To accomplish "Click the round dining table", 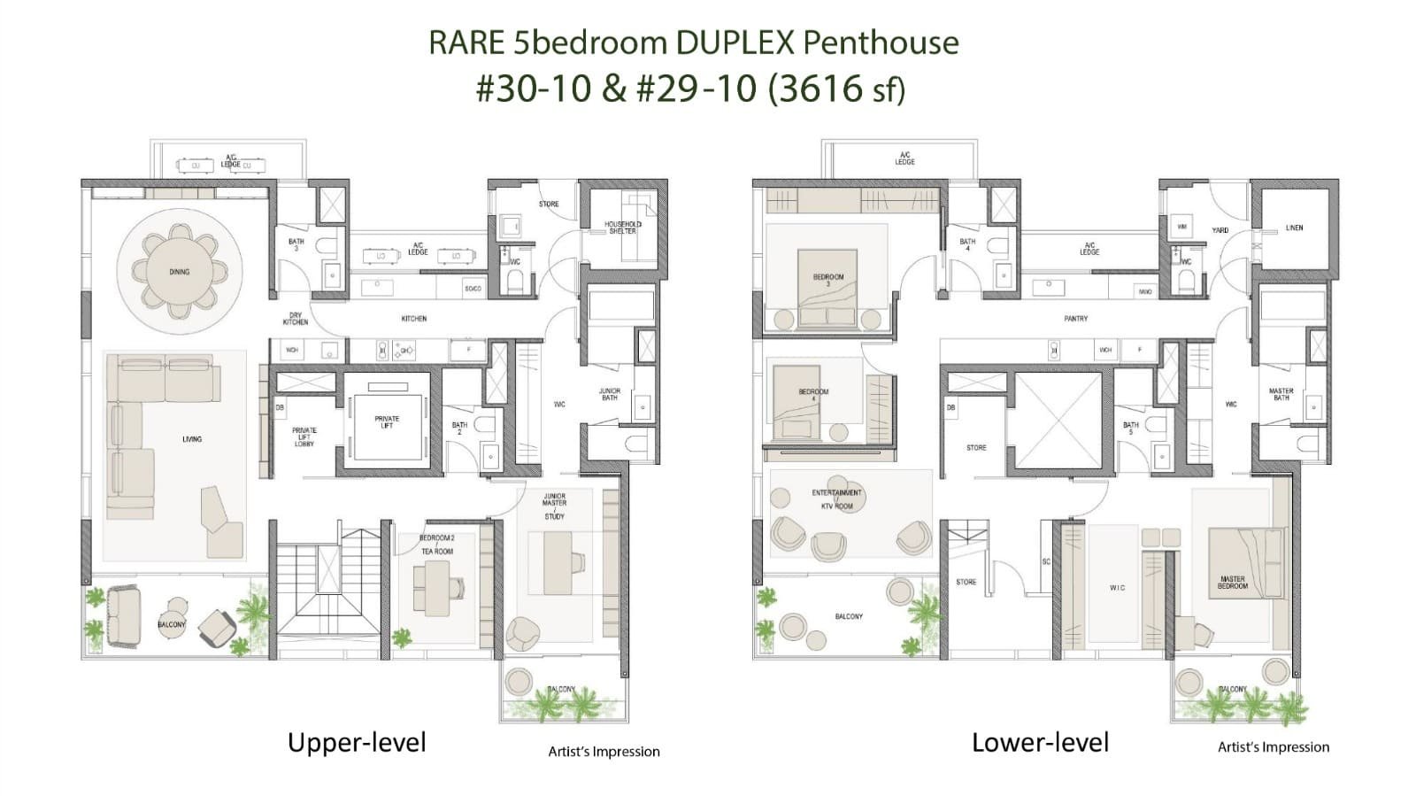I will tap(180, 272).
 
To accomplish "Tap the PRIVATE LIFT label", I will tap(387, 421).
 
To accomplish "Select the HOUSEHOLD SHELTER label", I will tap(623, 228).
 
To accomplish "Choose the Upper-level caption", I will tap(357, 742).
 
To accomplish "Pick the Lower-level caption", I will tap(1040, 742).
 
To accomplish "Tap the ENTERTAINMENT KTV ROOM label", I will tap(836, 499).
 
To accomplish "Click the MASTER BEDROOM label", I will tap(1232, 582).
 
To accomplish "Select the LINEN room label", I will tap(1294, 228).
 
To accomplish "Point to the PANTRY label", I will tap(1076, 318).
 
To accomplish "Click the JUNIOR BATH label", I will tap(610, 394).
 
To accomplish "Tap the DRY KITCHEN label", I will tap(296, 319).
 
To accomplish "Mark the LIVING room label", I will tap(192, 439).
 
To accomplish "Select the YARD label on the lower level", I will tap(1220, 230).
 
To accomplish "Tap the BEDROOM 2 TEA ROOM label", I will tap(436, 545).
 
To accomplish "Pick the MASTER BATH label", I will tap(1281, 394).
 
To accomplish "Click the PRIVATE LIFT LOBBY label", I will tap(304, 437).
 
